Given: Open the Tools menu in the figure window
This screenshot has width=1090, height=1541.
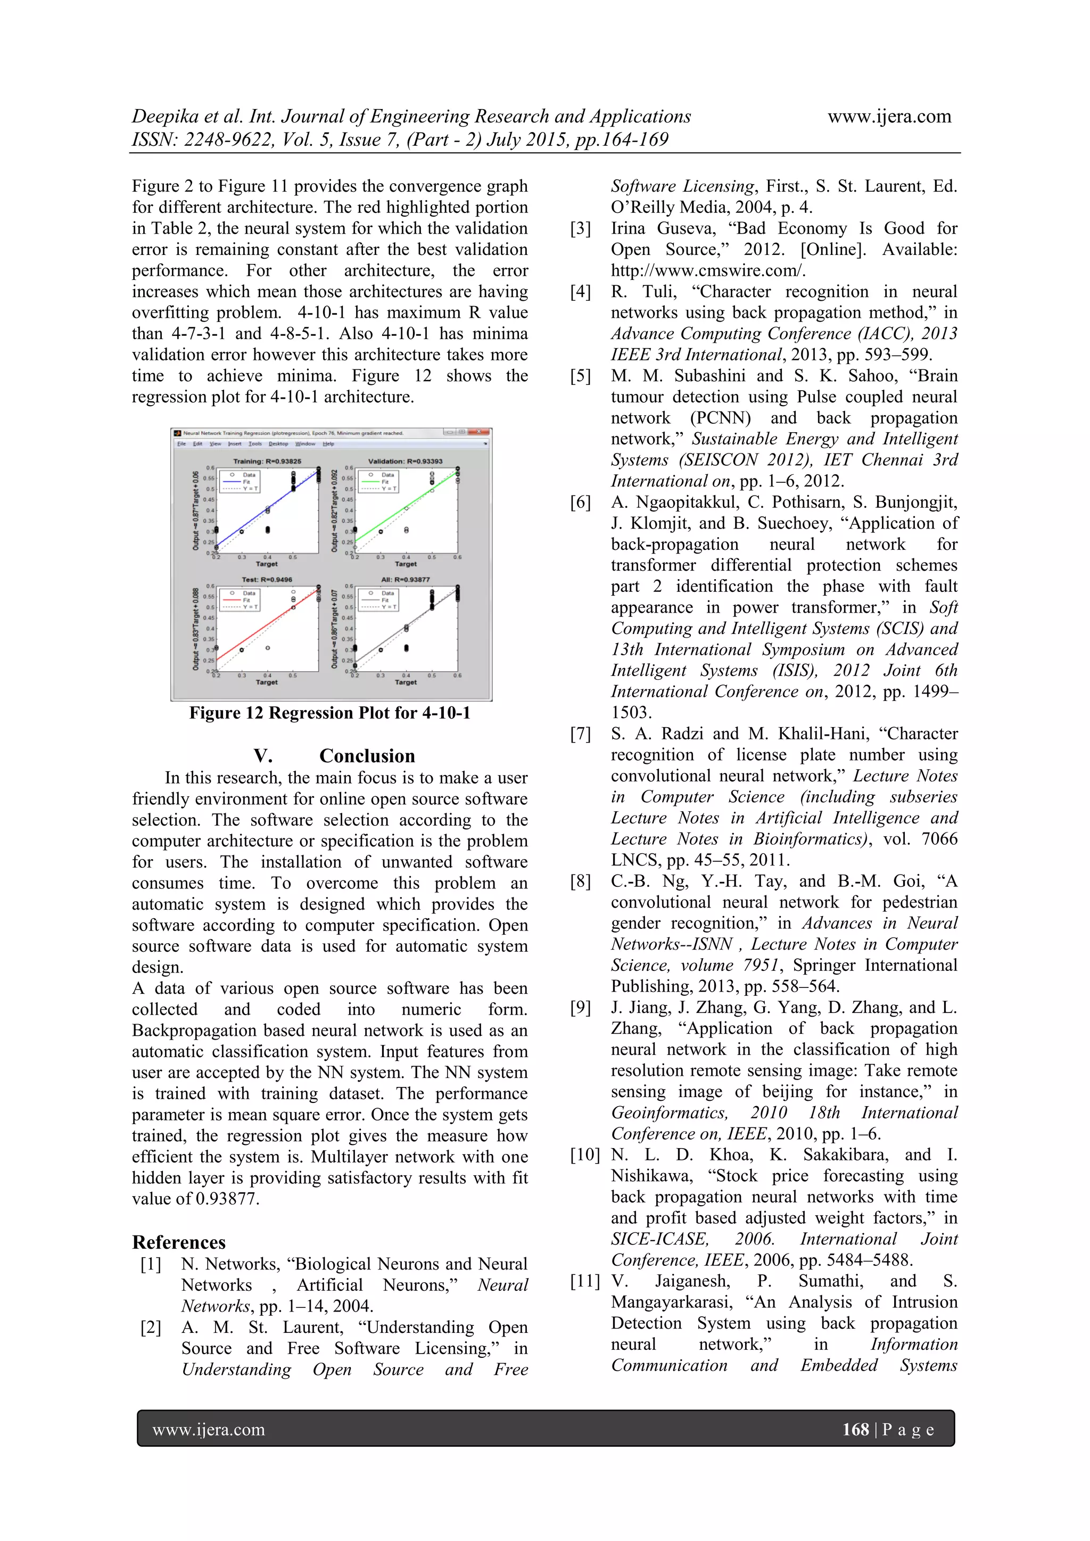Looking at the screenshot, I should click(x=255, y=443).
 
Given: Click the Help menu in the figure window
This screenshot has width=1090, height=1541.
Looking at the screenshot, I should click(x=328, y=443).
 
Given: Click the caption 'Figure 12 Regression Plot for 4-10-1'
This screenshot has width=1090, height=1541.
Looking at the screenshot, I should click(x=329, y=713).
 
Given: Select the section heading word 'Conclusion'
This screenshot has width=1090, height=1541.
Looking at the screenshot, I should click(x=367, y=756).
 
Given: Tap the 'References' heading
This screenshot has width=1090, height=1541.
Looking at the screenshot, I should click(x=178, y=1242).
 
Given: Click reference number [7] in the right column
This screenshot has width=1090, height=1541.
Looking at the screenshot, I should click(x=581, y=734).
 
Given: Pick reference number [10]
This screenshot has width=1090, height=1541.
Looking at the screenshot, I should click(x=584, y=1155).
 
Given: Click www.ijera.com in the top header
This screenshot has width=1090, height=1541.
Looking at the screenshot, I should click(x=889, y=116).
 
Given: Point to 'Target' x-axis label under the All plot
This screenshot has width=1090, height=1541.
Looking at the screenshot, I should click(x=406, y=682).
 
